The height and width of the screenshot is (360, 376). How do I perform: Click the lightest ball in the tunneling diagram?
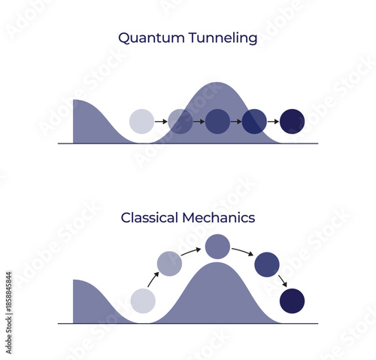141,121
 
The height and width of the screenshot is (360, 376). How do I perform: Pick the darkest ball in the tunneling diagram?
292,121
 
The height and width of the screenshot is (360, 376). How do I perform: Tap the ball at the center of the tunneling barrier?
217,121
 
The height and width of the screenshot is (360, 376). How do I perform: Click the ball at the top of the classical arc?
217,247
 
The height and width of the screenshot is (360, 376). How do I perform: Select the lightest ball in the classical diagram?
143,301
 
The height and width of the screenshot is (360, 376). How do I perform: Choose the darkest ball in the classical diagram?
292,301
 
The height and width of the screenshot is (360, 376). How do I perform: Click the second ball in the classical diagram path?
169,263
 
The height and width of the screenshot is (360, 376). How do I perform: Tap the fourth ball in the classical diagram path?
267,264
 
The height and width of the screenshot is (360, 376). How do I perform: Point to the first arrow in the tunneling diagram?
160,121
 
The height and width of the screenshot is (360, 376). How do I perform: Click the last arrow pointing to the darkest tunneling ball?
273,121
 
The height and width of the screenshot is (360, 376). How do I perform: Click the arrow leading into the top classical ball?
192,251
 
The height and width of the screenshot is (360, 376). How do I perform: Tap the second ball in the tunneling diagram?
180,121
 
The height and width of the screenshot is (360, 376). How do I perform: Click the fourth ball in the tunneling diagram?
254,121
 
